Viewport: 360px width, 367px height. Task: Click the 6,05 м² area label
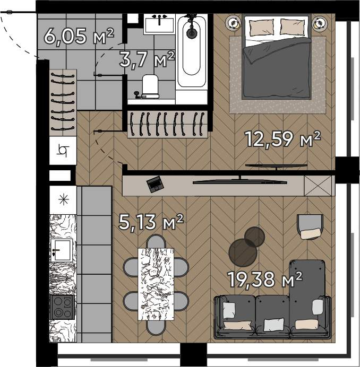(x=79, y=36)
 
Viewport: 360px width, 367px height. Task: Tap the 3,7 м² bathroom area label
(x=147, y=60)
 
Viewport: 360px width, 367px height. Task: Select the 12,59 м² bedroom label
(x=282, y=139)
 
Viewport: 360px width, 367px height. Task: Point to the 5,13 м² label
(x=151, y=222)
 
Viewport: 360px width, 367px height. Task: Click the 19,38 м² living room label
(x=265, y=279)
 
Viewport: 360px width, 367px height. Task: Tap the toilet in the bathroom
(x=149, y=86)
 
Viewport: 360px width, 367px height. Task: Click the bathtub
(x=192, y=51)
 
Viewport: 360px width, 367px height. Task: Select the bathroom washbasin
(x=159, y=24)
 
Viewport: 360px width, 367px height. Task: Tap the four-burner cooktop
(x=63, y=307)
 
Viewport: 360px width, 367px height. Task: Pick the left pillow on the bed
(x=262, y=28)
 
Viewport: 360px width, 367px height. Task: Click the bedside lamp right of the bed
(x=319, y=23)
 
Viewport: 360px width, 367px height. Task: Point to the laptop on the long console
(x=155, y=184)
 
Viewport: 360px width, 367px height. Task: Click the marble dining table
(x=156, y=284)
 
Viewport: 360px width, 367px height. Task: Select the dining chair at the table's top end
(x=156, y=241)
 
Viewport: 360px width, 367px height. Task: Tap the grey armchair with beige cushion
(x=310, y=227)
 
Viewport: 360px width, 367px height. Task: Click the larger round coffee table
(x=243, y=253)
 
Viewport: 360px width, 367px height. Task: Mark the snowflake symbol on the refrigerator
(x=63, y=200)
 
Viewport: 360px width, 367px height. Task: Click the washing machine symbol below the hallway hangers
(x=63, y=151)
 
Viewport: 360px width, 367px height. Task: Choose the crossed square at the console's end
(x=318, y=186)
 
